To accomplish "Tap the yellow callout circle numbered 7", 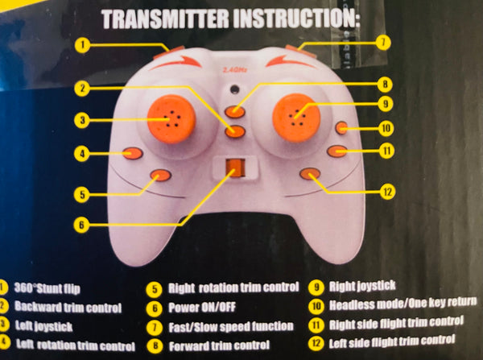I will (384, 40).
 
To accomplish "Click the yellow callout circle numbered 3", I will (81, 120).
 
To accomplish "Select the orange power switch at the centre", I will (234, 168).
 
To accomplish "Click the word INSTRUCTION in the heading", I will (291, 17).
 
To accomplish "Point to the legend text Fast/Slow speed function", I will (232, 326).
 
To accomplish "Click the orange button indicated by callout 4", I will (133, 152).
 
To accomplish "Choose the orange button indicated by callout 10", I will (342, 127).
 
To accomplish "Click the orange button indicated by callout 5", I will (160, 174).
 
